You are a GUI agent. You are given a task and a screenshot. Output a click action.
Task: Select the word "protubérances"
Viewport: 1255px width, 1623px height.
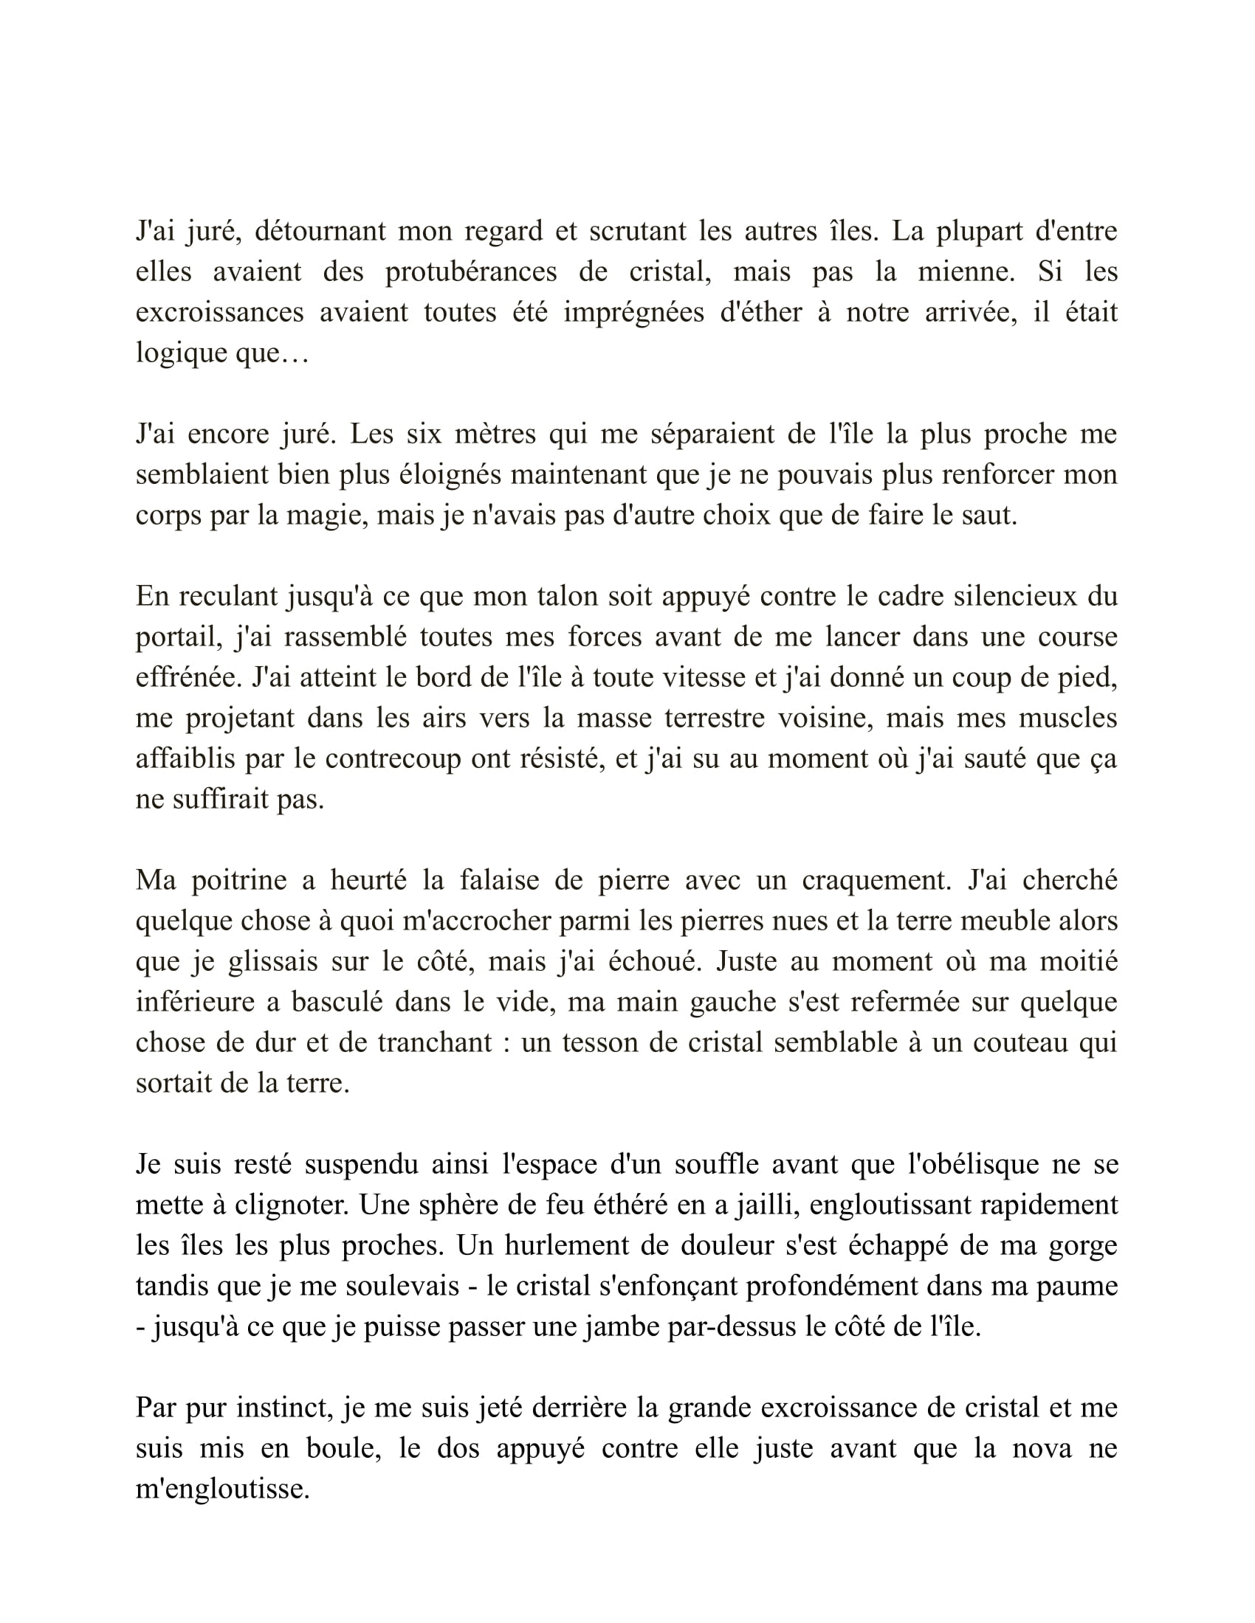pyautogui.click(x=471, y=272)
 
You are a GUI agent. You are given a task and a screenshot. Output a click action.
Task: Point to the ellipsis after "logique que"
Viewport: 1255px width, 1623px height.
pyautogui.click(x=294, y=353)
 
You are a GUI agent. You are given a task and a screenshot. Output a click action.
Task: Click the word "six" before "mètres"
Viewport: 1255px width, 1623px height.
pyautogui.click(x=423, y=434)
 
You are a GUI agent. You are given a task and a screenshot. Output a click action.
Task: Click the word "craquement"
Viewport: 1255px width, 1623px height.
pyautogui.click(x=876, y=881)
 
